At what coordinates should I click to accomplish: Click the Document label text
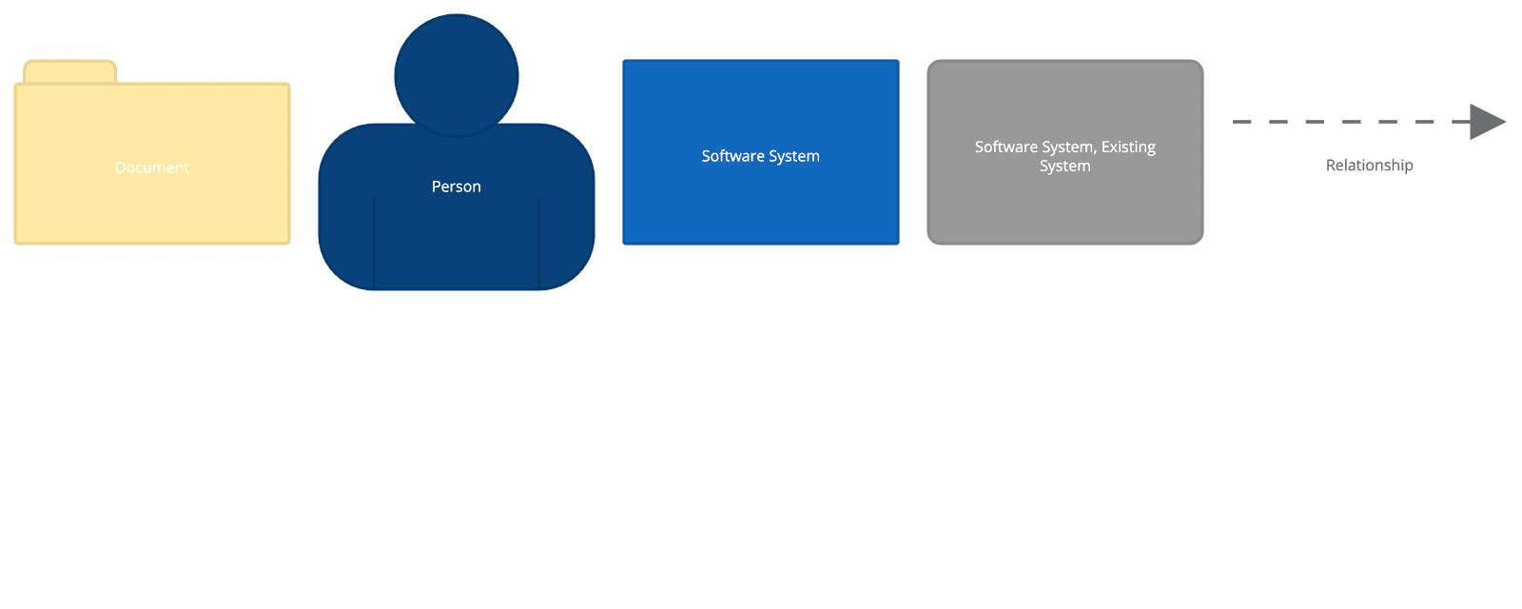152,167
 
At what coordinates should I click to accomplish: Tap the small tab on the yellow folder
69,72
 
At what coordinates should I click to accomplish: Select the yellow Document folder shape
152,209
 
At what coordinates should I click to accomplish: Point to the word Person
457,187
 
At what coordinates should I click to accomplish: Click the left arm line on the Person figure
375,243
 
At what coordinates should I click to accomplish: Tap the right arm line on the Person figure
539,243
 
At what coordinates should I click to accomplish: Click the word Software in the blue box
732,156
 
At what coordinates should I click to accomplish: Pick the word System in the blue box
794,156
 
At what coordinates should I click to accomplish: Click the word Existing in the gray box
1128,147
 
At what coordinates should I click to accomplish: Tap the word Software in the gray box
1005,147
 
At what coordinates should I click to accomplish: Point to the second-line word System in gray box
1065,166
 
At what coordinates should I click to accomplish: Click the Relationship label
1370,166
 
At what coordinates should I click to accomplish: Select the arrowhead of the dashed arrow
1486,122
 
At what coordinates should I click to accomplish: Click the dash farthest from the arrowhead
1241,122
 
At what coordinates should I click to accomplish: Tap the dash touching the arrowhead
1461,122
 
